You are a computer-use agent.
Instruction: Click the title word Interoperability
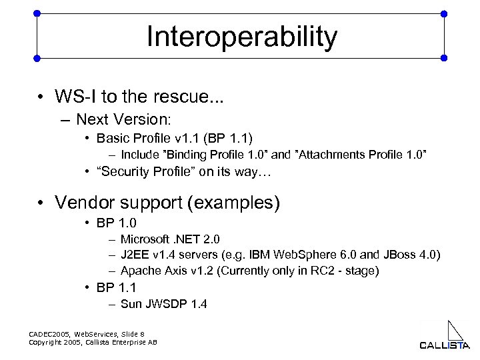(x=242, y=37)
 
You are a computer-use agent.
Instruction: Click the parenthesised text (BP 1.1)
(x=227, y=139)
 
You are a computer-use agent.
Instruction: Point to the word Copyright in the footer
(x=51, y=342)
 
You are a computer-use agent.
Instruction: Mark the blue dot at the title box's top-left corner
(x=37, y=13)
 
